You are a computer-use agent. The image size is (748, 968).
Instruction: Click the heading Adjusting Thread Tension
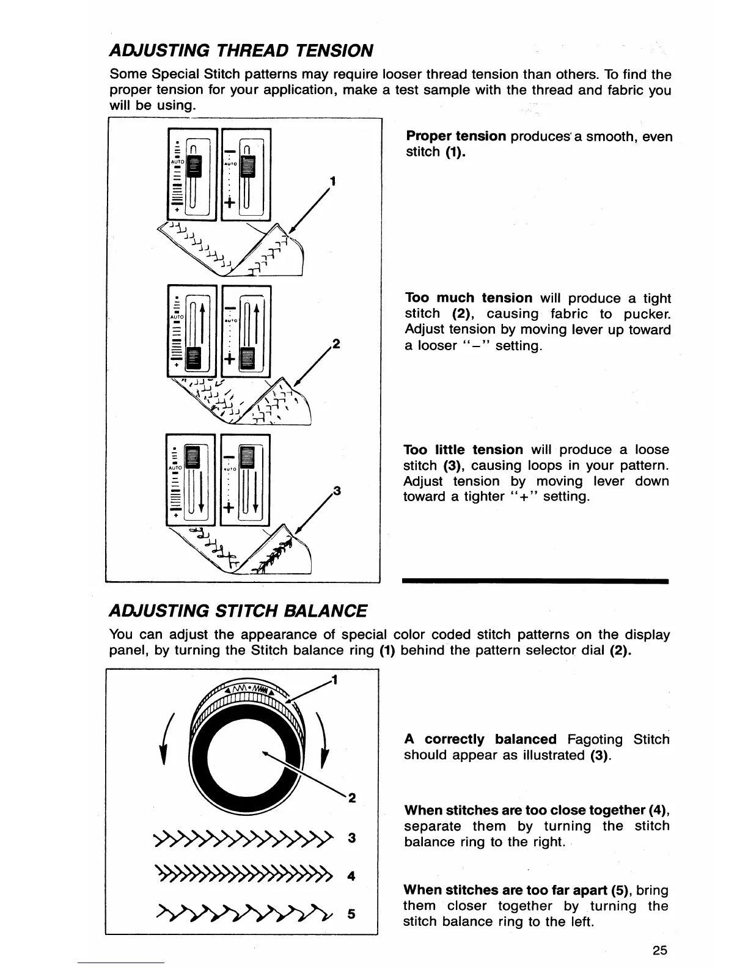coord(241,50)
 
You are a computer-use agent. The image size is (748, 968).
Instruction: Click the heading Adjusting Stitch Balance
coord(238,610)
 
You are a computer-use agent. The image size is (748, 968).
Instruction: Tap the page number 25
coord(659,950)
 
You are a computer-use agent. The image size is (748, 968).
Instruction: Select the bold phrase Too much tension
coord(469,298)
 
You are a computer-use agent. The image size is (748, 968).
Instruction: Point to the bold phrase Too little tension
coord(463,450)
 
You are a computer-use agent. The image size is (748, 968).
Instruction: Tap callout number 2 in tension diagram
coord(334,343)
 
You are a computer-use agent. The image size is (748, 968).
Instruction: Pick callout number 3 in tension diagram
coord(335,491)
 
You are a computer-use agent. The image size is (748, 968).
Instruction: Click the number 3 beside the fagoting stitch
coord(351,838)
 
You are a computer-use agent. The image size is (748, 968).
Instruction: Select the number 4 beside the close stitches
coord(351,876)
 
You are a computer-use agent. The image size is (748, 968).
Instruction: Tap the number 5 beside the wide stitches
coord(351,914)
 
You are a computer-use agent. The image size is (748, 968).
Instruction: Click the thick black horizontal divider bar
coord(535,581)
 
